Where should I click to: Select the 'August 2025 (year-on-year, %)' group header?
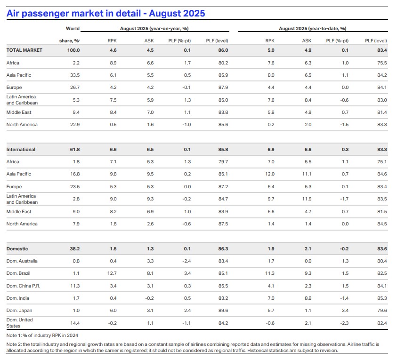click(x=154, y=29)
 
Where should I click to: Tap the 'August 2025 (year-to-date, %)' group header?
click(x=313, y=29)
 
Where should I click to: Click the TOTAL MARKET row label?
click(x=24, y=50)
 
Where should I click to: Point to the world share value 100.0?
click(x=73, y=50)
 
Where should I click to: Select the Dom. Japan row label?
click(x=18, y=310)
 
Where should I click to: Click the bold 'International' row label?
click(x=21, y=150)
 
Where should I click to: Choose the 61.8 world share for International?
click(x=74, y=150)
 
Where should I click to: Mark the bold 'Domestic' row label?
click(x=17, y=248)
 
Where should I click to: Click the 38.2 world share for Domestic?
click(x=74, y=248)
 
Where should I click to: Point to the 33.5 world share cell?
click(x=75, y=75)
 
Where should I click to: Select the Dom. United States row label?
click(x=19, y=322)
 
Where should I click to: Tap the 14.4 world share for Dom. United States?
click(x=75, y=323)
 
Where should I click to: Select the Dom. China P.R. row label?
click(x=23, y=286)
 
